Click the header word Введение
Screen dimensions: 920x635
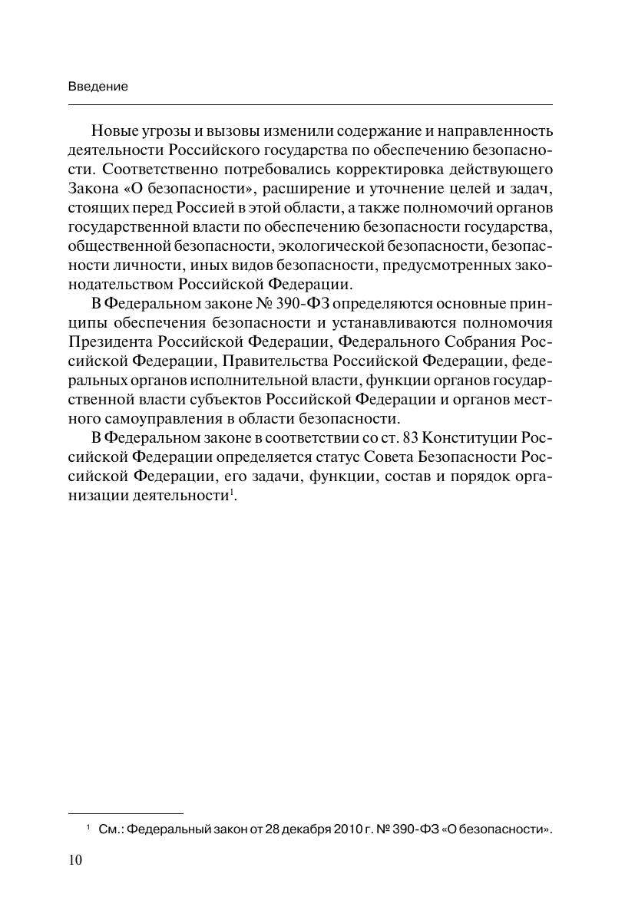pyautogui.click(x=98, y=87)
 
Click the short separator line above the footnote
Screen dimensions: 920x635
pyautogui.click(x=126, y=812)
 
